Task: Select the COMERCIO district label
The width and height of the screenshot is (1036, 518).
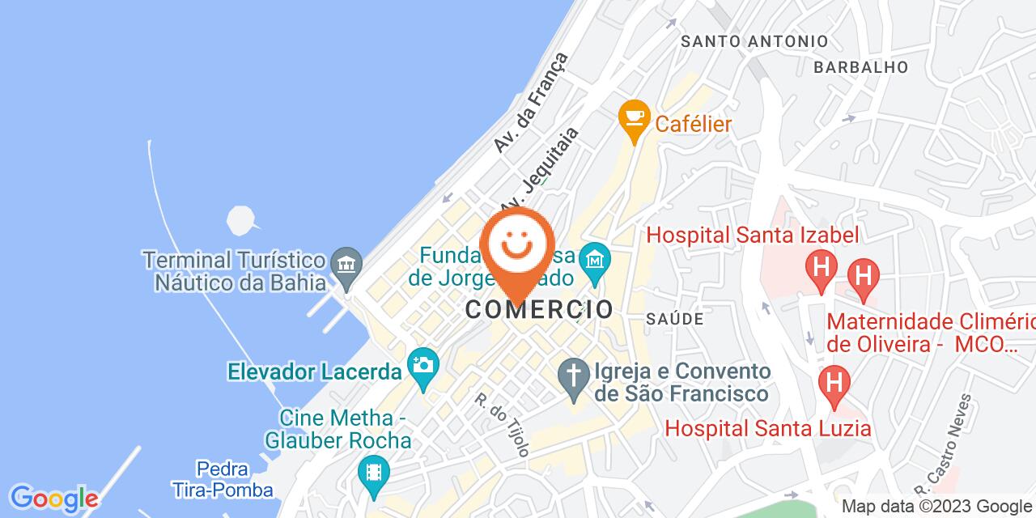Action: (538, 308)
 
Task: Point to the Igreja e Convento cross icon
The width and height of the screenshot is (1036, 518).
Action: (574, 377)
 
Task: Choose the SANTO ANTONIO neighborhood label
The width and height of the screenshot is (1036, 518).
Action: (754, 41)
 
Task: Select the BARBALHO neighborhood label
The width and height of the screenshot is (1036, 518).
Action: (860, 67)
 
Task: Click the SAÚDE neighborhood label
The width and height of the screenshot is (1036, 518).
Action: (674, 319)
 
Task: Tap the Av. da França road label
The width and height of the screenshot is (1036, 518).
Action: (531, 102)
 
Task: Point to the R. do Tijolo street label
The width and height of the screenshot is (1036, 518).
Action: (502, 424)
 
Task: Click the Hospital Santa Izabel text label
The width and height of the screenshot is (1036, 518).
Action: (752, 236)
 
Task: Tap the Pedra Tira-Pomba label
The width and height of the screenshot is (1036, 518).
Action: (235, 479)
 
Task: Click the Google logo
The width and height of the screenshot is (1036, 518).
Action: (53, 497)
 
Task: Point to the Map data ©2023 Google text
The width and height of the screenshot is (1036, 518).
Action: (937, 507)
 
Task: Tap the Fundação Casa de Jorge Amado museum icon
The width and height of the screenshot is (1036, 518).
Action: (596, 261)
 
